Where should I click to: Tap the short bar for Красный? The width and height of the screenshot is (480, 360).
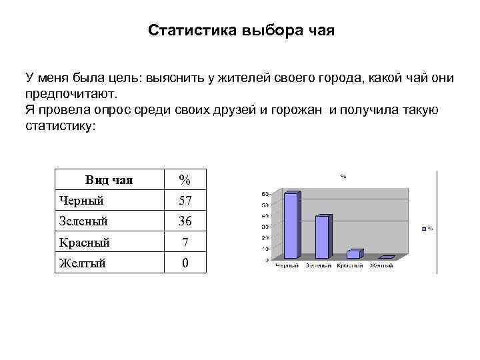pyautogui.click(x=353, y=254)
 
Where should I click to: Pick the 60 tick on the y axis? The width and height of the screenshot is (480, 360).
pyautogui.click(x=265, y=194)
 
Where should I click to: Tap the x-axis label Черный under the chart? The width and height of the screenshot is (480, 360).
pyautogui.click(x=289, y=266)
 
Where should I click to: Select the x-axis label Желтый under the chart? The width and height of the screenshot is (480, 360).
pyautogui.click(x=382, y=266)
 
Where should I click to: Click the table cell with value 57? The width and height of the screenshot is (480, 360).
pyautogui.click(x=185, y=200)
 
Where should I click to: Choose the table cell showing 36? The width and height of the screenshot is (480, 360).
pyautogui.click(x=185, y=221)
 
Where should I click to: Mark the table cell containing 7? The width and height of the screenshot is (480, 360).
pyautogui.click(x=185, y=242)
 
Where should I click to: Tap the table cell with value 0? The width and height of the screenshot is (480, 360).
pyautogui.click(x=185, y=263)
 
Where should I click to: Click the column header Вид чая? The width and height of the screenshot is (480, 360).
pyautogui.click(x=109, y=179)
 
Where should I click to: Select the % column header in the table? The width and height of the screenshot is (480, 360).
pyautogui.click(x=185, y=179)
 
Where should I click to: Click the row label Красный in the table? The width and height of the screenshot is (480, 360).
pyautogui.click(x=84, y=242)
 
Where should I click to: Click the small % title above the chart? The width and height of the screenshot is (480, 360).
pyautogui.click(x=343, y=177)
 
